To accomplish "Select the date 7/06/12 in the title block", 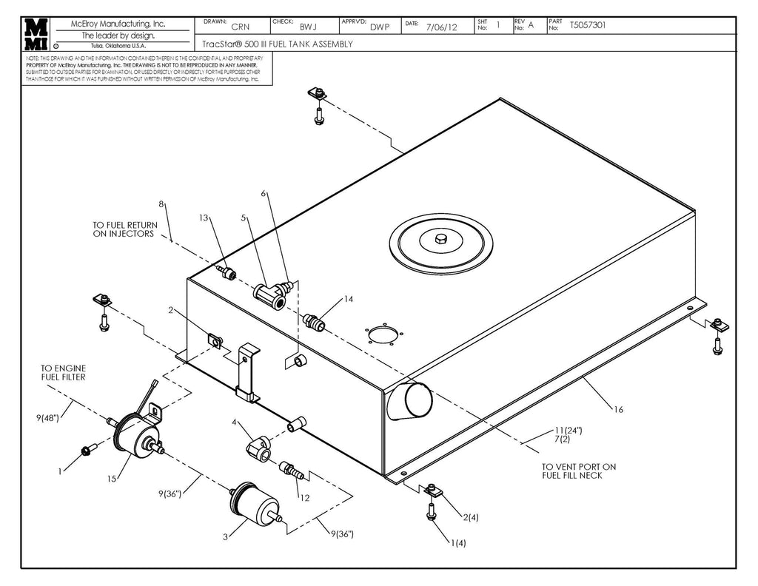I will click(x=442, y=27).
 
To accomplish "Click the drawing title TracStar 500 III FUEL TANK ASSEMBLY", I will click(x=278, y=44).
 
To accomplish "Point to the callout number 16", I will click(x=619, y=408).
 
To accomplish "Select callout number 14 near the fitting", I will click(x=349, y=300).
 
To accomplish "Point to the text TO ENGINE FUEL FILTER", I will click(x=63, y=372).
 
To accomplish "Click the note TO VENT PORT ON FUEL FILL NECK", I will click(x=578, y=471).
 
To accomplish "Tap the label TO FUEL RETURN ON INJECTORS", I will click(x=124, y=229).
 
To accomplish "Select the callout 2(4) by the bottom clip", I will click(x=471, y=517).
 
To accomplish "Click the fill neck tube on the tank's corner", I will click(x=412, y=403).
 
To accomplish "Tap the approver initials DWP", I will click(x=380, y=27).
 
